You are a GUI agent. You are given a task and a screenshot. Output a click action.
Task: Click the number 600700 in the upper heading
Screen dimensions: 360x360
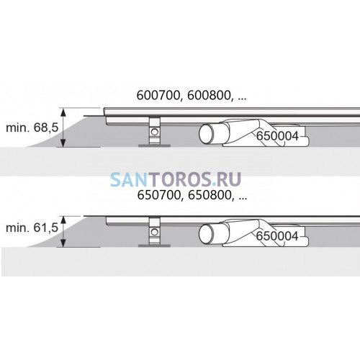(158, 96)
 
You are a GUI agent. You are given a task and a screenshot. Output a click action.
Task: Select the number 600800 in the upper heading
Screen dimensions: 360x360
(209, 96)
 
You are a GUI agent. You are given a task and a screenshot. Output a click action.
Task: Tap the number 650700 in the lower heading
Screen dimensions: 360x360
(158, 196)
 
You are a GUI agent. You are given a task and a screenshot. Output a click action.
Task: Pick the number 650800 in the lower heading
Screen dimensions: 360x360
(210, 196)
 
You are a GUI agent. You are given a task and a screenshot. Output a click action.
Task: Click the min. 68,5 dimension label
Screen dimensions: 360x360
(32, 127)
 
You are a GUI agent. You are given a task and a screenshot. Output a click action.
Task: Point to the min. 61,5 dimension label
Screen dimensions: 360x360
(32, 228)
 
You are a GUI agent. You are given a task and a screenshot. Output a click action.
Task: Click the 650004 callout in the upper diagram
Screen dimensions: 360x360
(277, 136)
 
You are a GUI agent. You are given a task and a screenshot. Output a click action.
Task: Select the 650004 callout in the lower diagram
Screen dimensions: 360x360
(277, 236)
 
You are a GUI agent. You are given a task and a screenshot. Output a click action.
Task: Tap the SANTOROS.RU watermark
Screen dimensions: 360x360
(176, 179)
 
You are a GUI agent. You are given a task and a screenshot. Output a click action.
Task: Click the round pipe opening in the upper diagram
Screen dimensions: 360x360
(207, 134)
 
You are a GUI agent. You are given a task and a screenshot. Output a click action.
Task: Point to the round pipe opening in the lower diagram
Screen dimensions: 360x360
(207, 234)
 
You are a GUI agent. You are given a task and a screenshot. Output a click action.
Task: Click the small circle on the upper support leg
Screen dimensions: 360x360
(155, 132)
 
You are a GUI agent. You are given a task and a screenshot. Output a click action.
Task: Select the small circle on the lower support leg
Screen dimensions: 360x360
(155, 232)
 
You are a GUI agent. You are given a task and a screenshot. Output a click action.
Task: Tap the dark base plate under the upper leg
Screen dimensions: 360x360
(154, 145)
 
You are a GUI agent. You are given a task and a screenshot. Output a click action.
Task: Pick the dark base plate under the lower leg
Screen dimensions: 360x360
(154, 246)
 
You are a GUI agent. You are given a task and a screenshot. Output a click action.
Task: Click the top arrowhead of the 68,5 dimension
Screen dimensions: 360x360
(63, 112)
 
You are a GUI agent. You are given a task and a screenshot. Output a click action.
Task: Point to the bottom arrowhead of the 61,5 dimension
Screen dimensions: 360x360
(63, 243)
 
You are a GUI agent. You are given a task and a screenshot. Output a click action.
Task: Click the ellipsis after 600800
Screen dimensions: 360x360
(243, 99)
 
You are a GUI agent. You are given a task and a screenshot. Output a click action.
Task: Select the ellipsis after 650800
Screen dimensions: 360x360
(243, 199)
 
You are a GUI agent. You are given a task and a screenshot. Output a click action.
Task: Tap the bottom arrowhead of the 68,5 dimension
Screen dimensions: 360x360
(63, 143)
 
